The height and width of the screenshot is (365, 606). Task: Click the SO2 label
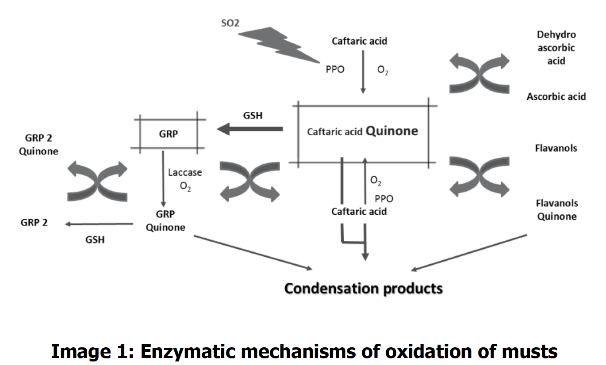coord(230,23)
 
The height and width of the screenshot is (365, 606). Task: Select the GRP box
coord(169,134)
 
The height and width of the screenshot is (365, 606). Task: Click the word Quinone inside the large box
coord(392,131)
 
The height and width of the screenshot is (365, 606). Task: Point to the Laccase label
coord(185,172)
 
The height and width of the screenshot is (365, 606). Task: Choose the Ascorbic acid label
coord(556,96)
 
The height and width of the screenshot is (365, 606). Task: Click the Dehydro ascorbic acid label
coord(556,47)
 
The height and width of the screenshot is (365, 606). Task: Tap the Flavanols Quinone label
coord(556,210)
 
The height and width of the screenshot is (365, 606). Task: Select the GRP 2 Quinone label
coord(38,144)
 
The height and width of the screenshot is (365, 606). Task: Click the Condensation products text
coord(363,288)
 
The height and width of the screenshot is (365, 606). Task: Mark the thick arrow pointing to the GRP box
coord(249,129)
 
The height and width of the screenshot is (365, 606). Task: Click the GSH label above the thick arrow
coord(253,115)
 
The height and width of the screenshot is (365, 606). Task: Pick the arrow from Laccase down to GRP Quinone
coord(163,179)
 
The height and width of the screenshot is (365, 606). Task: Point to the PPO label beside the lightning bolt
coord(334,70)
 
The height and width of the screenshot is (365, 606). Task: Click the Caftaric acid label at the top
coord(359,41)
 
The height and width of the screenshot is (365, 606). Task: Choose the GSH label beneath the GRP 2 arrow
coord(95,240)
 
